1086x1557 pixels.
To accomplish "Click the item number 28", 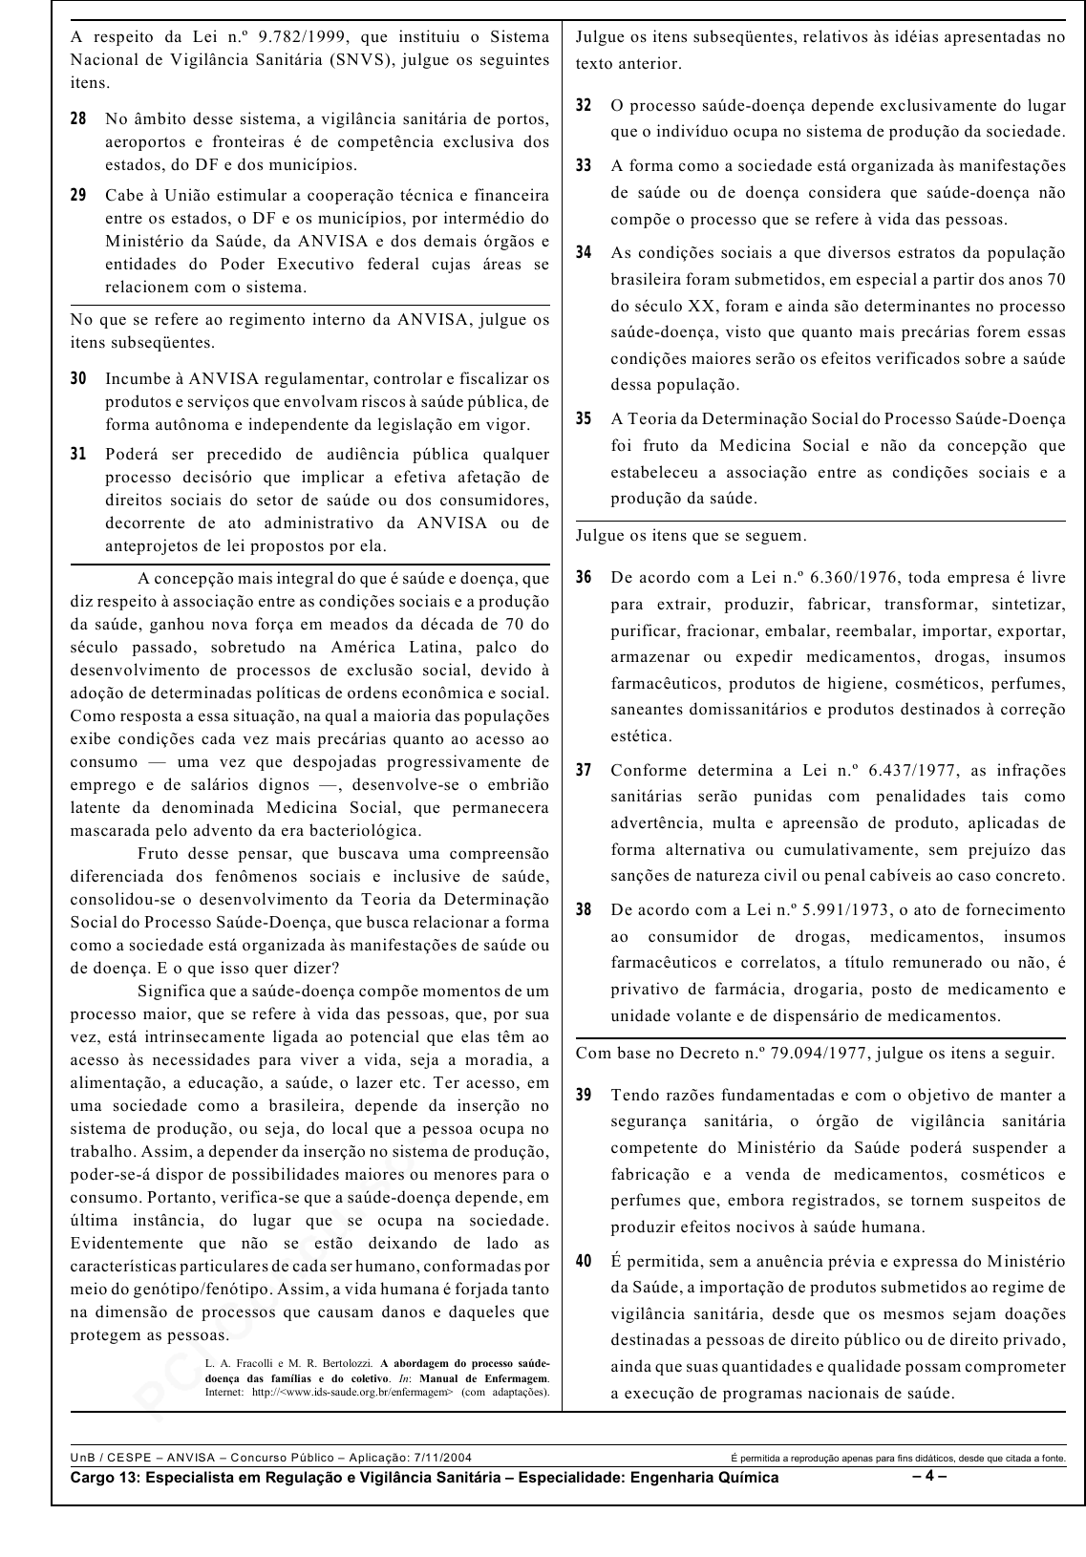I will point(78,119).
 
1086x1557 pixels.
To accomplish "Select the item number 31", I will point(78,455).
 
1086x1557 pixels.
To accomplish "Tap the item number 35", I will point(584,419).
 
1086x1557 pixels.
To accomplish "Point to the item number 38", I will point(584,910).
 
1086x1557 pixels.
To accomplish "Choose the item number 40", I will point(584,1262).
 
